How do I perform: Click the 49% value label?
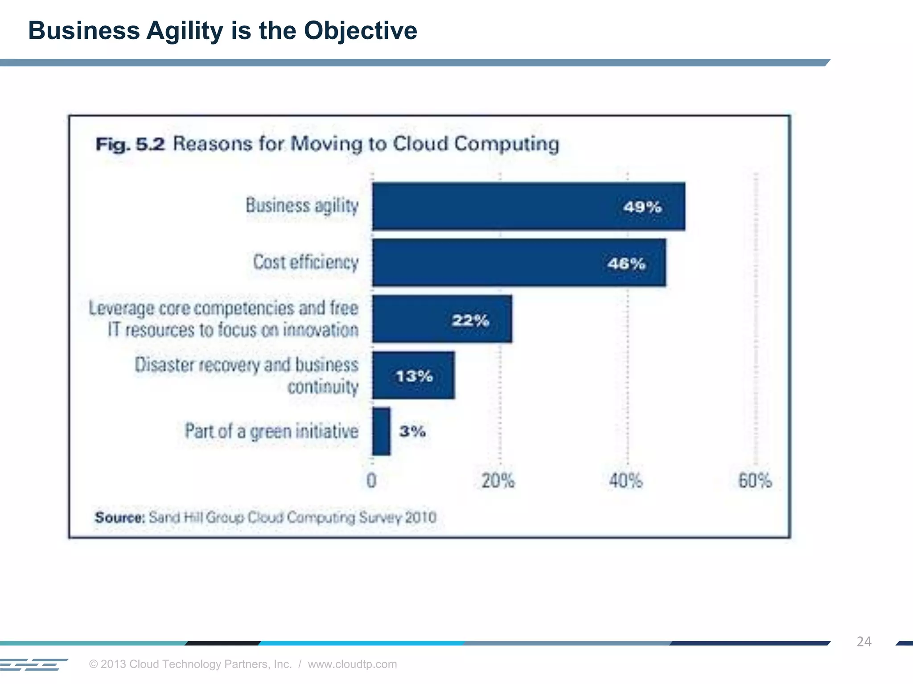pos(642,207)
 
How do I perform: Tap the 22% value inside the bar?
pos(470,320)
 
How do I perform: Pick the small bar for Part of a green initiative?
pos(381,431)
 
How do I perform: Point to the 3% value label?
pos(412,431)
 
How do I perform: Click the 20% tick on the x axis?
pos(498,481)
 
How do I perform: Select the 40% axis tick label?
pos(626,481)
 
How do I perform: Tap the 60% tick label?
pos(755,481)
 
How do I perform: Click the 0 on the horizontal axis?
pos(371,481)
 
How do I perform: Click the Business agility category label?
pos(302,206)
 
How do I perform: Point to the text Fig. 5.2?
pos(130,144)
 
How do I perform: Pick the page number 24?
pos(864,641)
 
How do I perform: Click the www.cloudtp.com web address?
pos(352,664)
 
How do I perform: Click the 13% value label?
pos(414,376)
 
